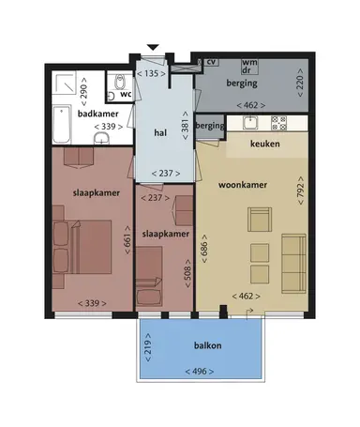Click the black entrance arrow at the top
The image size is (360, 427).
[x=154, y=48]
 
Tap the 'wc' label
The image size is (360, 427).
[x=123, y=94]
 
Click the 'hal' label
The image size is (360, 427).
[x=159, y=133]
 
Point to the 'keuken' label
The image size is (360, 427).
[x=268, y=145]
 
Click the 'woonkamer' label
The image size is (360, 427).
[x=243, y=185]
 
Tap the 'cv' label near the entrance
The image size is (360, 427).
[x=212, y=62]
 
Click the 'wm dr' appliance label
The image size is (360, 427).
[x=248, y=67]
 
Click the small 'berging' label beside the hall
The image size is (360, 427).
[x=211, y=126]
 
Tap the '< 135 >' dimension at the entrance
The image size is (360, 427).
[x=151, y=72]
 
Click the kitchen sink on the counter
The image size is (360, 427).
[x=251, y=123]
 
